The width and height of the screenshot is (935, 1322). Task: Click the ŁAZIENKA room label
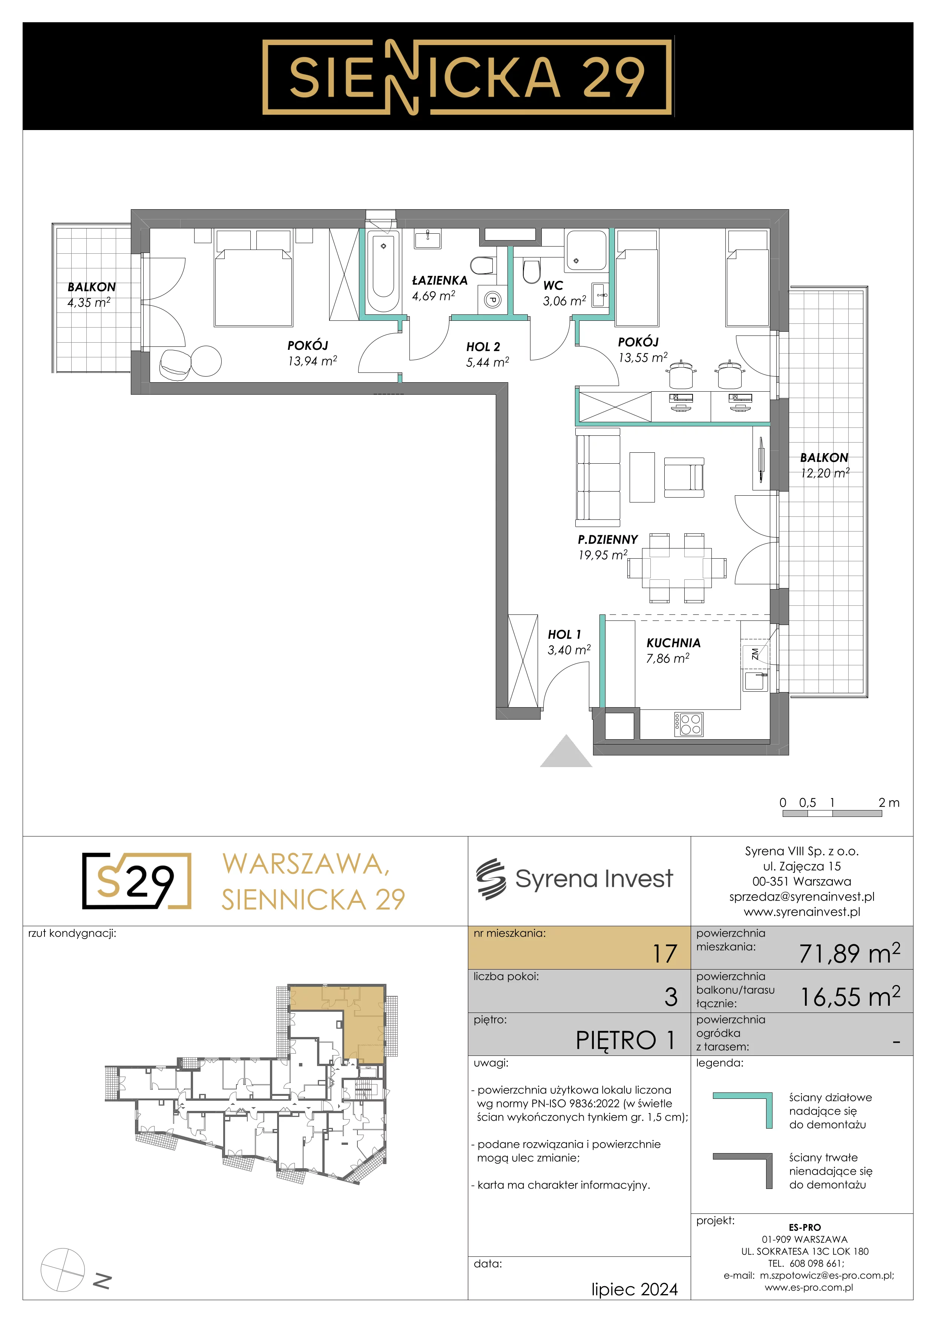point(439,280)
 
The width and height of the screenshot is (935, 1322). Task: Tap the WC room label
point(553,285)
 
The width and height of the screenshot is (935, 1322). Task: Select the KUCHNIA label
point(673,643)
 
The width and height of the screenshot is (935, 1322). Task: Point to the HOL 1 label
point(564,634)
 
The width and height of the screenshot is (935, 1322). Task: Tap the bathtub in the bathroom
point(383,272)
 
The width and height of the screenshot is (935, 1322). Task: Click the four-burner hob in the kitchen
point(688,724)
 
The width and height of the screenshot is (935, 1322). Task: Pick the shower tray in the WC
point(586,250)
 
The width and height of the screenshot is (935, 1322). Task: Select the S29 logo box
point(136,881)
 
